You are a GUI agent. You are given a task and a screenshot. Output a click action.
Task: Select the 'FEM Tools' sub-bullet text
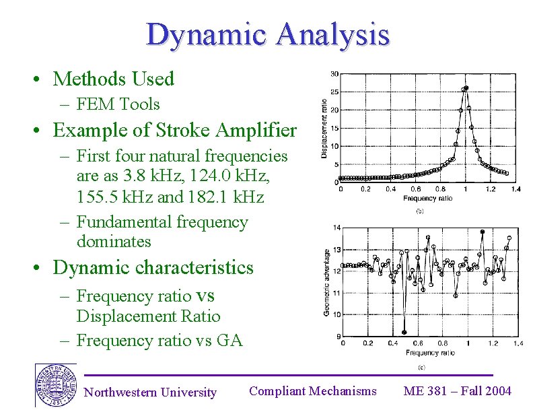pyautogui.click(x=118, y=104)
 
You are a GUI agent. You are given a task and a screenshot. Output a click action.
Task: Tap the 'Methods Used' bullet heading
pyautogui.click(x=113, y=79)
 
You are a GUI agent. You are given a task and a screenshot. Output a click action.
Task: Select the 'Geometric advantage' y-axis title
pyautogui.click(x=327, y=283)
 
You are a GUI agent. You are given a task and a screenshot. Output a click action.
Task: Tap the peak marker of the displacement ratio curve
pyautogui.click(x=465, y=88)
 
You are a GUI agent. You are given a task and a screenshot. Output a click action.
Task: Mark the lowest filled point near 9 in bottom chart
pyautogui.click(x=404, y=332)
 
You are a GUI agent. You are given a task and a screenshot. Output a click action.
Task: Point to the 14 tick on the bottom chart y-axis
pyautogui.click(x=336, y=228)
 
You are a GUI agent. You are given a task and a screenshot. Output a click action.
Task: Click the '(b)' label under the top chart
pyautogui.click(x=420, y=211)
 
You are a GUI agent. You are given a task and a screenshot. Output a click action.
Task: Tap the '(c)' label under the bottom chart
pyautogui.click(x=421, y=367)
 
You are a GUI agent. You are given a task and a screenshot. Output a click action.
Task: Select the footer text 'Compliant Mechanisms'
pyautogui.click(x=312, y=391)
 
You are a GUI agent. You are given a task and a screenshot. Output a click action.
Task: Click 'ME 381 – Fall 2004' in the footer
pyautogui.click(x=457, y=391)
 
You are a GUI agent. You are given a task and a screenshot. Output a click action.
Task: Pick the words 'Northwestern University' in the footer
pyautogui.click(x=150, y=392)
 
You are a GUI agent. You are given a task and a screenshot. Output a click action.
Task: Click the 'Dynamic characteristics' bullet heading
pyautogui.click(x=153, y=267)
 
